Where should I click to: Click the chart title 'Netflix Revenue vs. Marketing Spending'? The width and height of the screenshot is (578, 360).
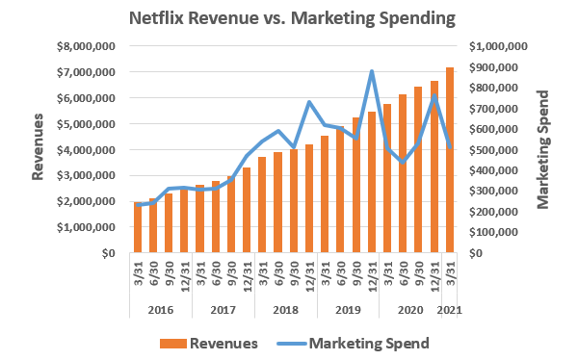click(288, 18)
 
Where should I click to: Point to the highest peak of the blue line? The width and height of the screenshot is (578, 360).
click(372, 71)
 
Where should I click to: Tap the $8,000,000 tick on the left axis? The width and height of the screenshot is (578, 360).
click(89, 46)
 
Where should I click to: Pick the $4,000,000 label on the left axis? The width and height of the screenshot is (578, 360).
click(89, 150)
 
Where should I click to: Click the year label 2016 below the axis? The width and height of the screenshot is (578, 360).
click(161, 310)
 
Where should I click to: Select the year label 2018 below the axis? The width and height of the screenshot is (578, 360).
click(286, 310)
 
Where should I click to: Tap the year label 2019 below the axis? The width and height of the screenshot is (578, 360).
click(348, 310)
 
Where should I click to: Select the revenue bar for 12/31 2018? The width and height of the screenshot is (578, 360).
click(309, 199)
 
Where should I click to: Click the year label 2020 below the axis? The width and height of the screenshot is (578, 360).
click(410, 310)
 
